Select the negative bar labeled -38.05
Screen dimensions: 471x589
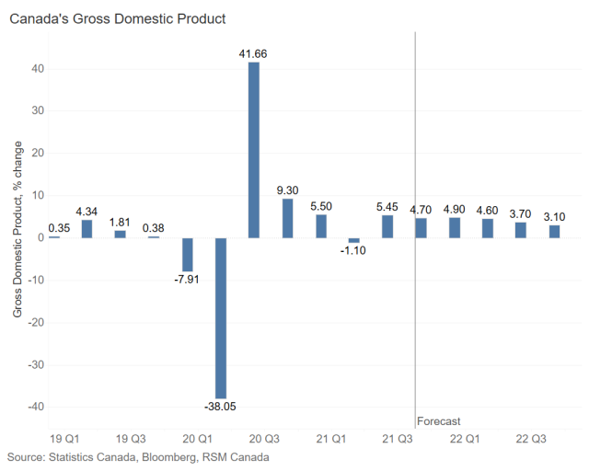coord(221,317)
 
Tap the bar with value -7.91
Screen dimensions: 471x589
coord(188,254)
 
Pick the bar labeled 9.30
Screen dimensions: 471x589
coord(287,218)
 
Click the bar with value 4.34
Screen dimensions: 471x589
coord(87,228)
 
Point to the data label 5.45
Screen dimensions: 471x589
coord(387,207)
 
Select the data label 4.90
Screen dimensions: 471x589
coord(455,210)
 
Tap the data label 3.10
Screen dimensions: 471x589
coord(555,217)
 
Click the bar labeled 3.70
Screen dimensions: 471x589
coord(521,230)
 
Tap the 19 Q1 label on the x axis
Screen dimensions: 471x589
coord(63,439)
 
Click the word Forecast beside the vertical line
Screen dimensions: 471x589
coord(438,421)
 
